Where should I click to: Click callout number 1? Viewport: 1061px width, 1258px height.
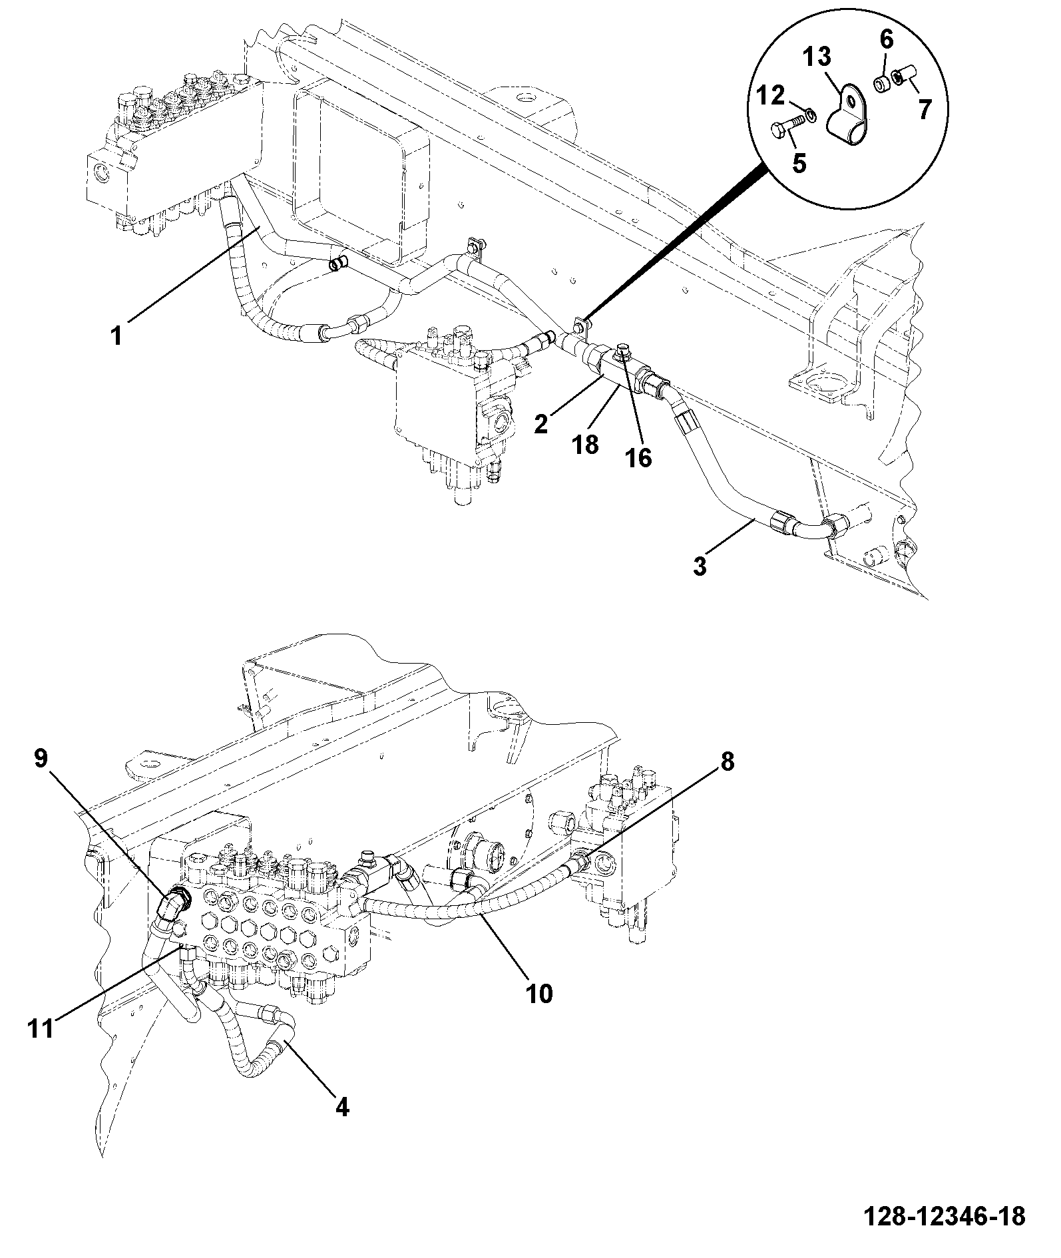click(x=117, y=336)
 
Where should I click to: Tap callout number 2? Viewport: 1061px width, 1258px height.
click(x=542, y=423)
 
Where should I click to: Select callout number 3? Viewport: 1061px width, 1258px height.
click(x=700, y=567)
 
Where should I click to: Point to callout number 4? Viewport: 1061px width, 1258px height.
click(x=341, y=1107)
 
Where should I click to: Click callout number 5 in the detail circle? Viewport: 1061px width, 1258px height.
click(x=799, y=162)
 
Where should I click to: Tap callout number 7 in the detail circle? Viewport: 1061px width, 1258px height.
click(x=925, y=109)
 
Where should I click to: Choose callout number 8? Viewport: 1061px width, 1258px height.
click(x=727, y=761)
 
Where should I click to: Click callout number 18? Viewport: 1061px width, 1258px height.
click(x=586, y=444)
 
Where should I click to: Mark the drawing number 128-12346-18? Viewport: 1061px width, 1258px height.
click(x=945, y=1216)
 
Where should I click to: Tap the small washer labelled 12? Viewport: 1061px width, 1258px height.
click(x=811, y=116)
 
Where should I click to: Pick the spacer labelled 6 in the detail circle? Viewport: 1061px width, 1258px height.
click(x=883, y=87)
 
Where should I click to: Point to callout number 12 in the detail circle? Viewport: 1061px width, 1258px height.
click(x=771, y=96)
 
